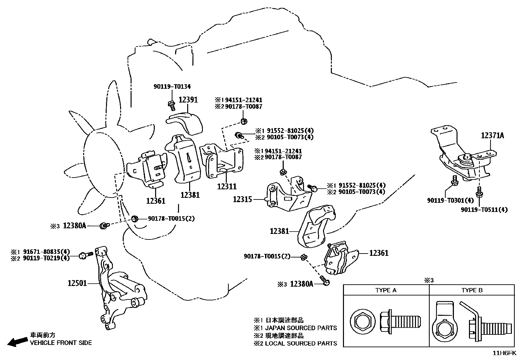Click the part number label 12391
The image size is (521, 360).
coord(188,100)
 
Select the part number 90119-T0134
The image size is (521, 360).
coord(172,86)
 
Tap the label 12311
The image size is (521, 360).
coord(227,186)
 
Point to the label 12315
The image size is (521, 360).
coord(243,199)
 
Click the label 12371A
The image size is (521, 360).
coord(493,136)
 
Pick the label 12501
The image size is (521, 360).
coord(77,283)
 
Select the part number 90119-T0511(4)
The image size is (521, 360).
coord(484,210)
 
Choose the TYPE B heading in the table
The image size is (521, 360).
coord(472,290)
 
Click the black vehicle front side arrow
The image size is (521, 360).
coord(17,342)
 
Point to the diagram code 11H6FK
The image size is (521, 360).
coord(504,353)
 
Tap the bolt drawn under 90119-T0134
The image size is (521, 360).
coord(172,106)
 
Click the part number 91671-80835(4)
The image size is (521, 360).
coord(46,252)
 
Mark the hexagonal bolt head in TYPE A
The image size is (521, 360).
coord(363,322)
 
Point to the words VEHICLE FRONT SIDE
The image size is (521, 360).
coord(61,343)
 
